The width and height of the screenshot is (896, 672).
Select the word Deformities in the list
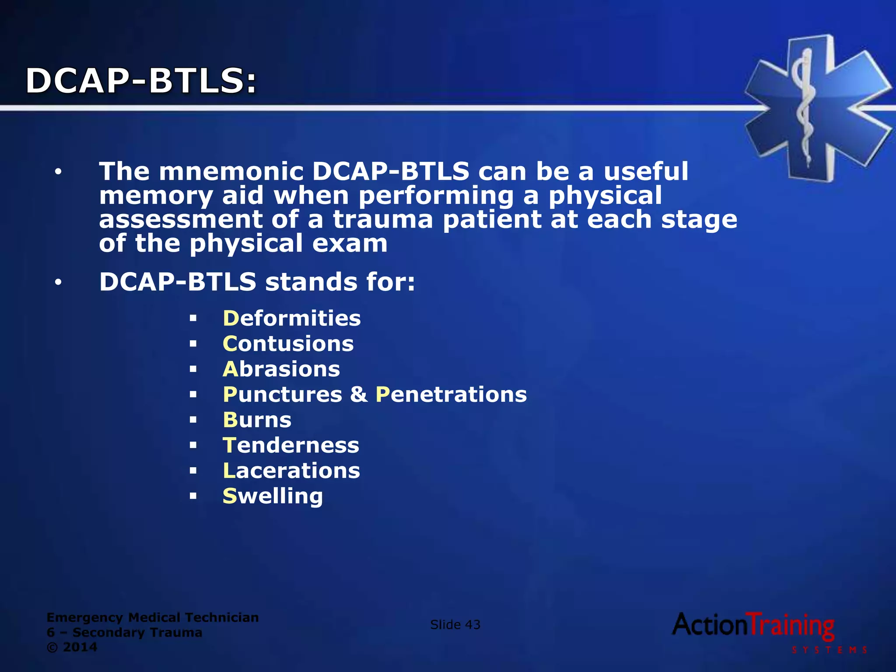point(292,318)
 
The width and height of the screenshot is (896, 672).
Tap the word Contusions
point(288,344)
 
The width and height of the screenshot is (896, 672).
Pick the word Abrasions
point(281,369)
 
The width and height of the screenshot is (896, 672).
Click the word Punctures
point(283,395)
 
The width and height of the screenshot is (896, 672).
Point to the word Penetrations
point(451,395)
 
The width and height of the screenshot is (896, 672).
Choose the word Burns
point(257,420)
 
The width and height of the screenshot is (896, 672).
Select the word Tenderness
point(291,445)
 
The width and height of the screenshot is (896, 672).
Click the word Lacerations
point(291,471)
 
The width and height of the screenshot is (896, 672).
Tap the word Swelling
point(273,497)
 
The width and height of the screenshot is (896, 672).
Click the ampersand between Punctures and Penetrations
point(359,395)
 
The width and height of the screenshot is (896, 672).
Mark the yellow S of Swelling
point(230,496)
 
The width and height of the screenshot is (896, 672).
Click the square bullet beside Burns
point(193,420)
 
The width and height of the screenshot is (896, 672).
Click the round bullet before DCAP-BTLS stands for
point(58,283)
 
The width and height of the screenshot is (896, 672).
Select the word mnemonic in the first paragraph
point(231,171)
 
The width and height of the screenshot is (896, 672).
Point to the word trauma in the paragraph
point(383,220)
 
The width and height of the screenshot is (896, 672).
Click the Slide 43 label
point(455,625)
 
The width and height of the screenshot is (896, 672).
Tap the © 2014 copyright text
point(72,647)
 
